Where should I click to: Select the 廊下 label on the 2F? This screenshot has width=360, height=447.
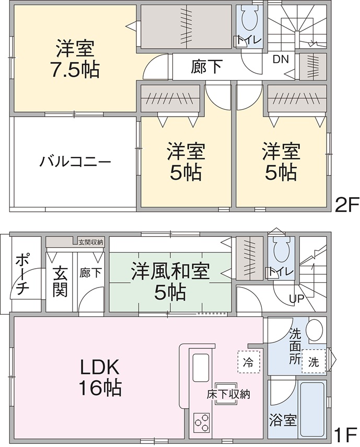click(206, 67)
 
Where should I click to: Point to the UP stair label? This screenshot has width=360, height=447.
click(297, 299)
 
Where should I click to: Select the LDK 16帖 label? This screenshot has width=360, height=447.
click(100, 377)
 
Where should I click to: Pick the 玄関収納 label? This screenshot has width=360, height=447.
click(91, 242)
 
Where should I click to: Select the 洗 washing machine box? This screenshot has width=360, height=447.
click(313, 361)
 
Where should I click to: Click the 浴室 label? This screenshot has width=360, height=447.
click(283, 420)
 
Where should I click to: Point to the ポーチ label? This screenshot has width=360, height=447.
click(21, 274)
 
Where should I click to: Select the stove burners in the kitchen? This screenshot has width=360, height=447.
click(202, 420)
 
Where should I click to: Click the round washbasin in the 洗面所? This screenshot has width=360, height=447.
click(314, 330)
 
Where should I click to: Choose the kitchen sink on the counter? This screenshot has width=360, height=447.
click(201, 368)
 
